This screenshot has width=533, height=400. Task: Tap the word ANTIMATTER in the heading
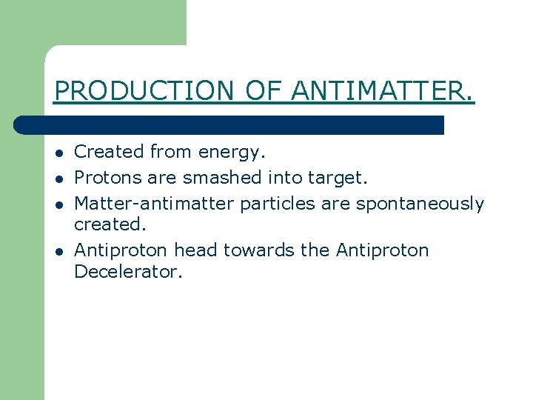coord(382,90)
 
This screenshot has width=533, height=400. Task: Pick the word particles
coord(264,204)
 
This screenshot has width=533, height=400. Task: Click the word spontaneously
coord(420,204)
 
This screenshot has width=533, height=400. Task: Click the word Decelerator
coord(127,272)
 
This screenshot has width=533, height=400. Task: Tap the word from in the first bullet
coord(170,152)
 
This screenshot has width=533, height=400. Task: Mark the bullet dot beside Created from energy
coord(58,153)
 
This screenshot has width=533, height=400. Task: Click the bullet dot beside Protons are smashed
coord(58,179)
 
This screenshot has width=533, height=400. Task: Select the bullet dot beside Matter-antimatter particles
coord(58,205)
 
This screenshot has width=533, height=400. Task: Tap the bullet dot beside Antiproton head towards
coord(58,252)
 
